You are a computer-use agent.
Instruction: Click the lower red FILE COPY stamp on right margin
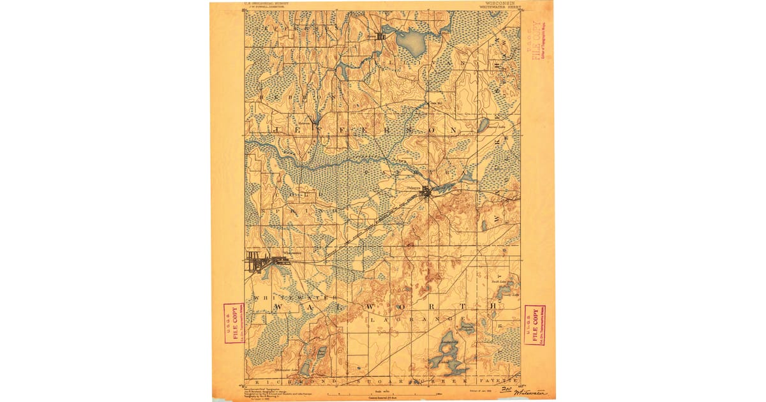pyautogui.click(x=534, y=325)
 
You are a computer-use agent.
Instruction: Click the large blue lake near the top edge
pyautogui.click(x=411, y=43)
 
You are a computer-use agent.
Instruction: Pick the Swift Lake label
pyautogui.click(x=499, y=281)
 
